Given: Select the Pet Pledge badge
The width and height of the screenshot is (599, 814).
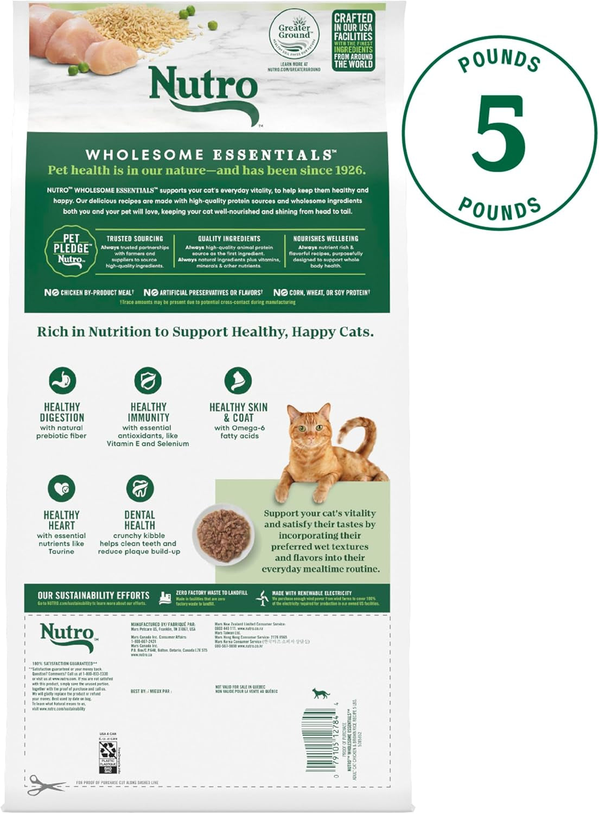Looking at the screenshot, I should point(71,250).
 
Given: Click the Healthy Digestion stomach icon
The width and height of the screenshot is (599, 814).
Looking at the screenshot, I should point(62,380).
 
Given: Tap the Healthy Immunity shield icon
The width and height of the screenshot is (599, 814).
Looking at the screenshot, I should point(148,380).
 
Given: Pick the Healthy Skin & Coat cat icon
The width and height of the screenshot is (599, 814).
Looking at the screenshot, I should point(238,380).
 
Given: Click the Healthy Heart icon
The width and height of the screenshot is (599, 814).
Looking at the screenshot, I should point(61,488).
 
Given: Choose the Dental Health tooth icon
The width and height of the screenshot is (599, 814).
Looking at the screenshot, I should point(139,488).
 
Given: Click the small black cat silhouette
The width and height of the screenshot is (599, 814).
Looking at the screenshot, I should point(321,693).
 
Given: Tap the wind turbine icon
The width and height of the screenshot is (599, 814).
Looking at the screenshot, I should point(263,598).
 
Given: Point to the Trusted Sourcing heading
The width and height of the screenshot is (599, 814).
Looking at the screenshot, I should point(135,239).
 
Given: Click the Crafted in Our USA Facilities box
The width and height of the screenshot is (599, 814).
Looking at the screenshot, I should point(353,41).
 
